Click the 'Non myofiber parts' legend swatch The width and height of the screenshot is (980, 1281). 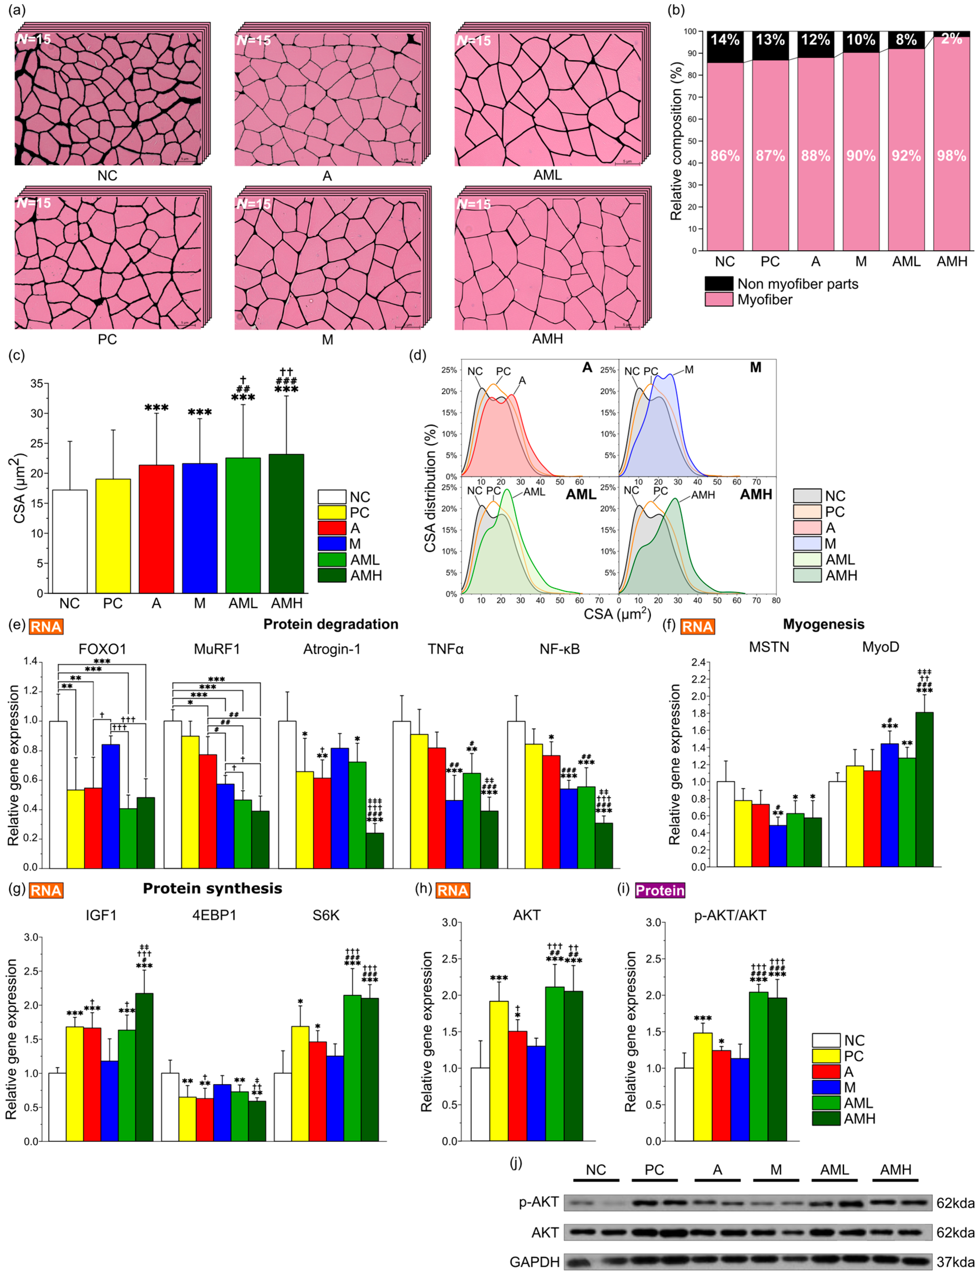point(719,284)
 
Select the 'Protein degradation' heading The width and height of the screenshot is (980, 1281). point(331,624)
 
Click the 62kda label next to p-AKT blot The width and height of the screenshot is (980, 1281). point(955,1203)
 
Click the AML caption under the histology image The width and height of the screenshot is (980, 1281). point(547,175)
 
